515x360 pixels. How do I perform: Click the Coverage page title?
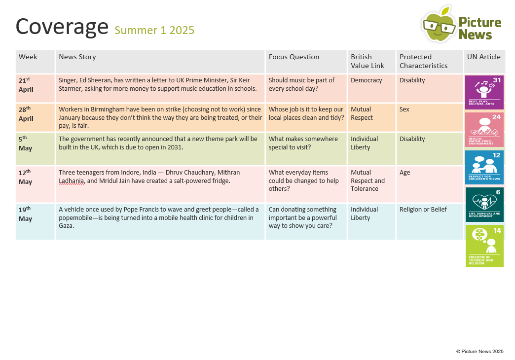tap(62, 26)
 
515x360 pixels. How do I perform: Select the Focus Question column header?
tap(294, 57)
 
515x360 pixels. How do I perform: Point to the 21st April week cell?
tap(26, 85)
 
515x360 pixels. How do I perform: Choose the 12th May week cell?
tap(26, 177)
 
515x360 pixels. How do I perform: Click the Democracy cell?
tap(366, 80)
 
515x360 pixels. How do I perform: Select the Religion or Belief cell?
tap(423, 210)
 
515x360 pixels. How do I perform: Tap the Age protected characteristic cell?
tap(405, 173)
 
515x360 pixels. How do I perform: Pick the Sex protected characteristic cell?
tap(405, 109)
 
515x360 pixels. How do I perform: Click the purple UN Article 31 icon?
tap(484, 92)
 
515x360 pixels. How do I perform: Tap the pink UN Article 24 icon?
tap(484, 130)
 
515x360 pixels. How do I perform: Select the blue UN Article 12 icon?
tap(484, 167)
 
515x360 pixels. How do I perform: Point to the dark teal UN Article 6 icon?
tap(484, 205)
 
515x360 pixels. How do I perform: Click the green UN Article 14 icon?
tap(484, 246)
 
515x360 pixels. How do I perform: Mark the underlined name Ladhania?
tap(72, 181)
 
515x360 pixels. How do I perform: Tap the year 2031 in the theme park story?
tap(175, 147)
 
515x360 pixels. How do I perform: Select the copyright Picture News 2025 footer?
tap(479, 352)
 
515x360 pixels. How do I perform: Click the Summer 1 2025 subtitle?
tap(154, 30)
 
